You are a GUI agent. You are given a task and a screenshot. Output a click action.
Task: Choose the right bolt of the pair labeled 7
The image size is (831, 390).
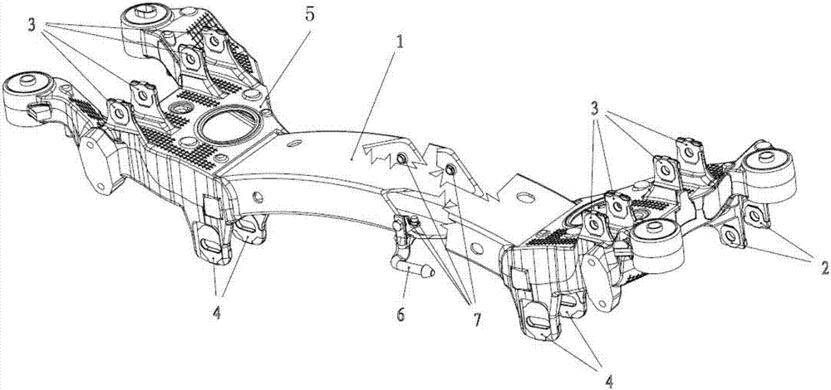(x=450, y=171)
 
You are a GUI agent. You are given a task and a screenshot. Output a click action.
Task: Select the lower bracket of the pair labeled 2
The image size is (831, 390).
(x=730, y=237)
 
